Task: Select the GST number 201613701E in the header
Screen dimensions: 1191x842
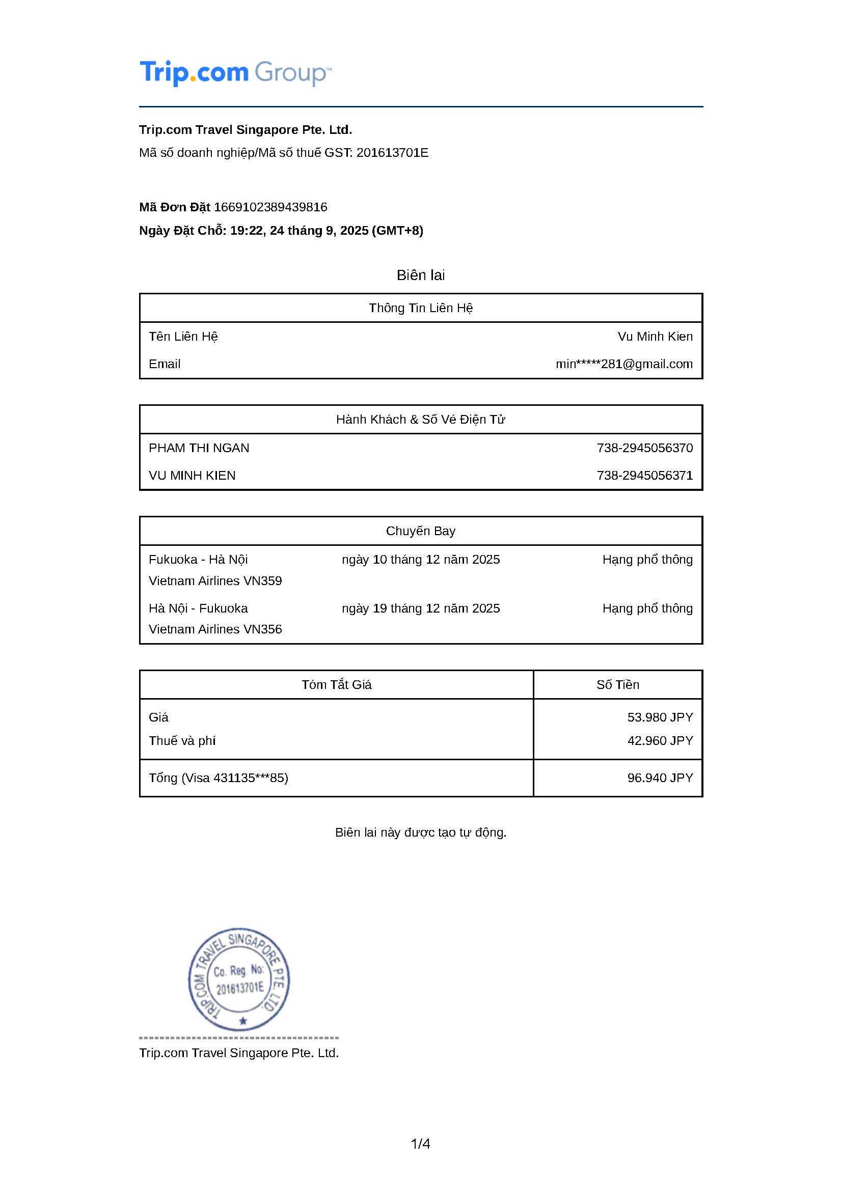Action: point(392,153)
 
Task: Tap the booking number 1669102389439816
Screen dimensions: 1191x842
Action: point(270,207)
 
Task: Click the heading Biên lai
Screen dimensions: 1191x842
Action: point(420,275)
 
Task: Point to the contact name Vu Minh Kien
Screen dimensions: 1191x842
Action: point(655,336)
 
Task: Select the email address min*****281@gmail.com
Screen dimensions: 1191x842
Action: point(623,364)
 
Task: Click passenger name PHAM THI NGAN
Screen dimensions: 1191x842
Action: point(199,448)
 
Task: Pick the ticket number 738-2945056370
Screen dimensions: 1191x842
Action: point(644,448)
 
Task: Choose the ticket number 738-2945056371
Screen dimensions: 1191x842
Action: point(644,475)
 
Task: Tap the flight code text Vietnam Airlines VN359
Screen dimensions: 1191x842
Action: point(215,580)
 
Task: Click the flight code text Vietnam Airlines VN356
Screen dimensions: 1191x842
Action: point(215,629)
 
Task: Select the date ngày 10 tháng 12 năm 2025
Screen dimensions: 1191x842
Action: point(420,559)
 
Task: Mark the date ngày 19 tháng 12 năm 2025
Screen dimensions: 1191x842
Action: point(420,608)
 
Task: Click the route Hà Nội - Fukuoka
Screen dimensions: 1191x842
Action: point(198,608)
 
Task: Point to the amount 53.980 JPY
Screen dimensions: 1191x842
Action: point(660,717)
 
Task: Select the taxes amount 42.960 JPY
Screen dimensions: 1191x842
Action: point(660,740)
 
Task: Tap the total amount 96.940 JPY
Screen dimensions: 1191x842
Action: point(660,778)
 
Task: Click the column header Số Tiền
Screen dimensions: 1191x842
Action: point(617,684)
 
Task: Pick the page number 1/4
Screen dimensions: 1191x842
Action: point(420,1143)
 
